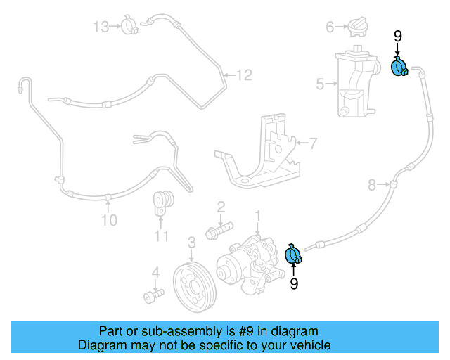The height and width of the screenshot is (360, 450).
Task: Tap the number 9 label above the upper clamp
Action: click(397, 37)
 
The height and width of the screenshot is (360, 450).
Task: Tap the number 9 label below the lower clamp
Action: click(294, 283)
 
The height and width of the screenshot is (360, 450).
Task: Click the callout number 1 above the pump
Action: click(258, 214)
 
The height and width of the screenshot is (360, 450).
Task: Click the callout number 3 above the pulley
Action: click(191, 243)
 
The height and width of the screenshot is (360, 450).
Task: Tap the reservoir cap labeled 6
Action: click(356, 28)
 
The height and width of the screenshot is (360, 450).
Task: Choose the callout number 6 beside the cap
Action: click(328, 27)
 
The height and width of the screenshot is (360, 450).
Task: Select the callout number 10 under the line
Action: click(108, 221)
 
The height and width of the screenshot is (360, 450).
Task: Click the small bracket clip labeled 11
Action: click(165, 204)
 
